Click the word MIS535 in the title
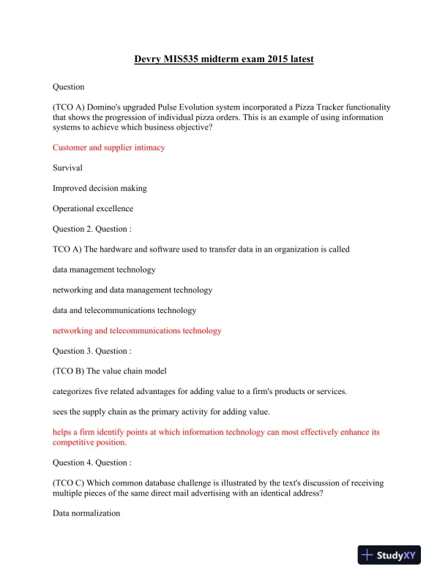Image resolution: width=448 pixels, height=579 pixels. (190, 59)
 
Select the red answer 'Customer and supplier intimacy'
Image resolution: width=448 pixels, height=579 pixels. (108, 147)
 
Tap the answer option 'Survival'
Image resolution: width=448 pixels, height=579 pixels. (67, 167)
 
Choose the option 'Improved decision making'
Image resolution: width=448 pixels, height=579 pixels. (100, 188)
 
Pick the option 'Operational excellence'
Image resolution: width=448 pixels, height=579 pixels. (92, 208)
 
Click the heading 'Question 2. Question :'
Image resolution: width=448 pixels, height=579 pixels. (92, 229)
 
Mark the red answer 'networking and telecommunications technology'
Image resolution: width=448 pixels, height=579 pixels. (137, 330)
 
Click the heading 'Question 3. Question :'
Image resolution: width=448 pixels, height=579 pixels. (92, 351)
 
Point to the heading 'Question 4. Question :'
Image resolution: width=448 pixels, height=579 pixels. (92, 463)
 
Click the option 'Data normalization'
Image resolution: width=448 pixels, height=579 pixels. (86, 514)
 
